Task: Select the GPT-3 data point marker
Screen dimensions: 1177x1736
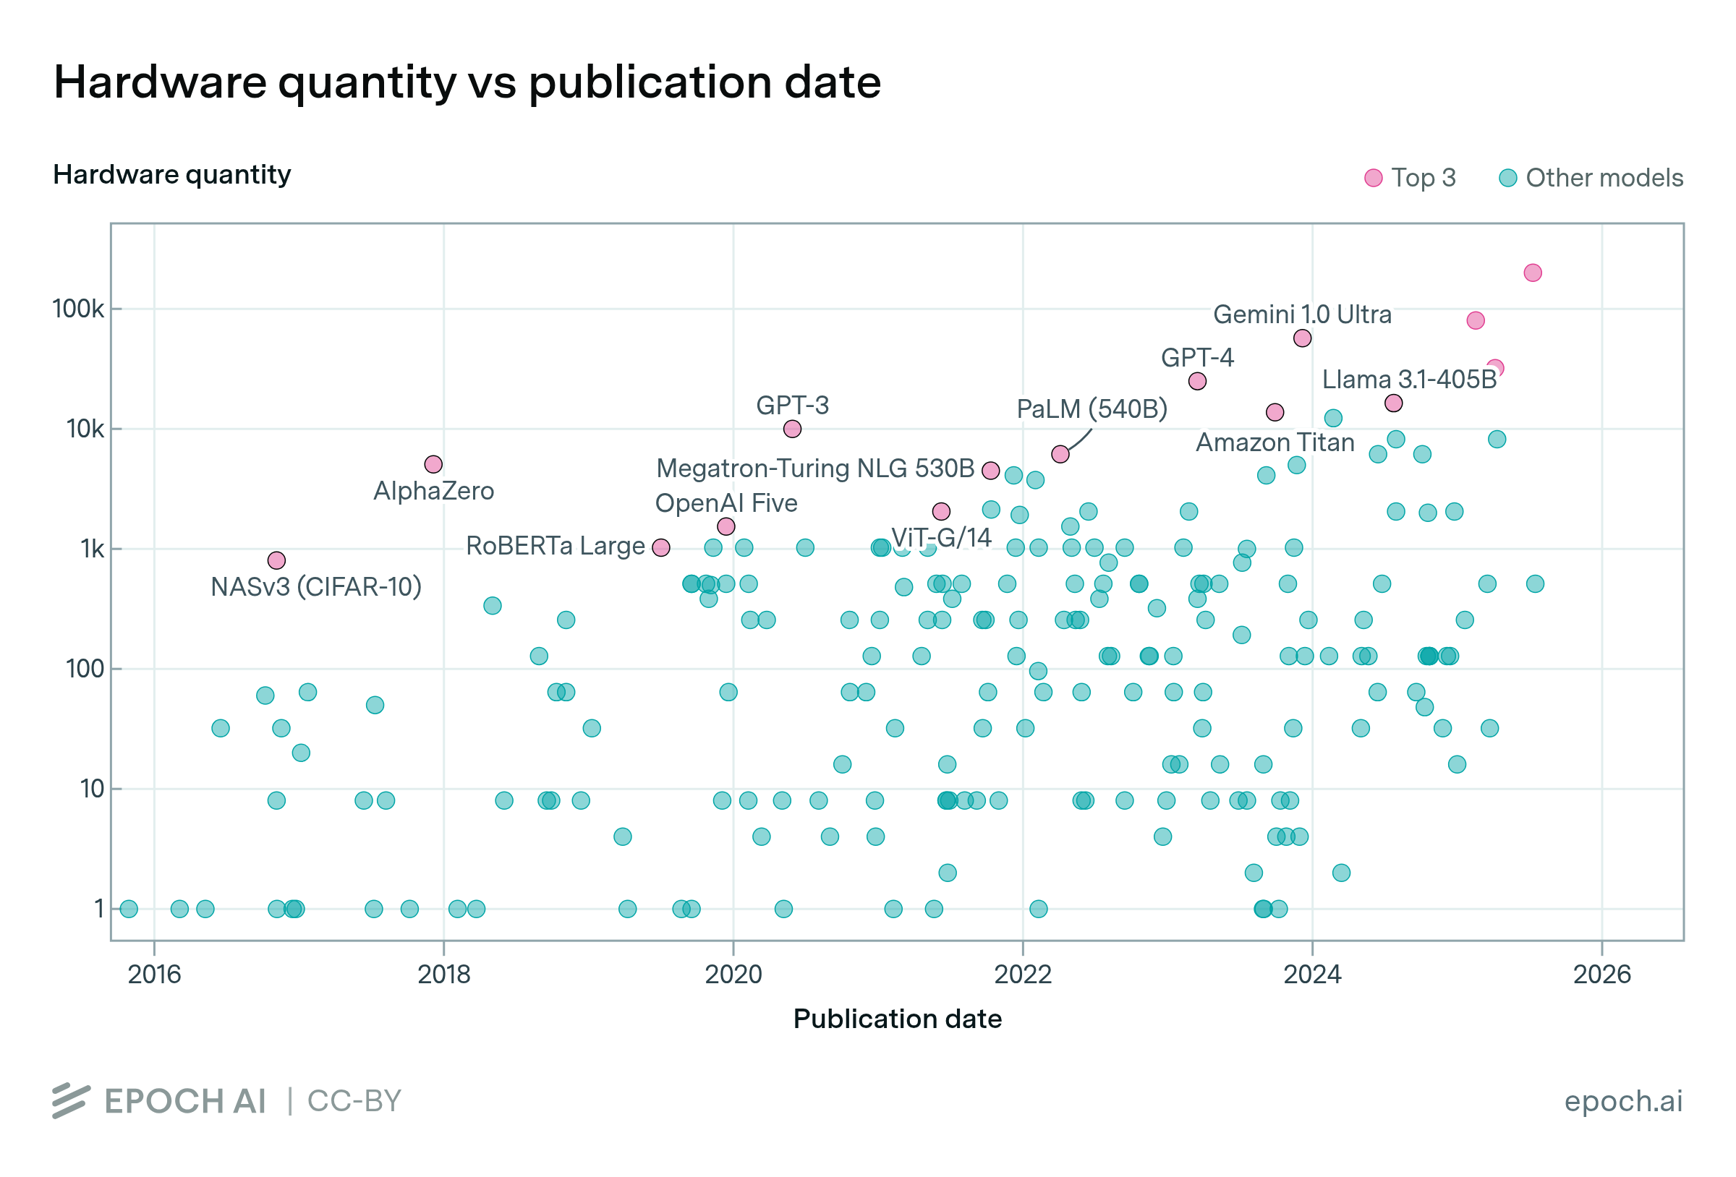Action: tap(793, 429)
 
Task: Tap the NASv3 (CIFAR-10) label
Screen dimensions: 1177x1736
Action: tap(316, 587)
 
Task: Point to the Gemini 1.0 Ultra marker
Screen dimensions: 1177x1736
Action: tap(1302, 338)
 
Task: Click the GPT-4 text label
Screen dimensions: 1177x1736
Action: tap(1196, 358)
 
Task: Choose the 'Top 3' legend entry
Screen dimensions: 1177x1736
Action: tap(1410, 178)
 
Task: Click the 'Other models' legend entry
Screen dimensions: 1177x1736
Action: tap(1591, 178)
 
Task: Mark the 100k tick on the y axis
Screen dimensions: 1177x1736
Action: tap(77, 309)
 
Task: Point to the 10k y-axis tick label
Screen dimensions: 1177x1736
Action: tap(85, 429)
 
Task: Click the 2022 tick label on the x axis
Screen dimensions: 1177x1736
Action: tap(1023, 974)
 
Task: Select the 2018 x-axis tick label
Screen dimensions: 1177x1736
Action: tap(443, 974)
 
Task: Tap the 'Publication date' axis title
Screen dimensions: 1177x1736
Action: tap(897, 1019)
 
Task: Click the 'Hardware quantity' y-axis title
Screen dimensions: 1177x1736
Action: tap(172, 175)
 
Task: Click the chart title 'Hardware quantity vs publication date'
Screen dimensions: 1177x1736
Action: tap(467, 82)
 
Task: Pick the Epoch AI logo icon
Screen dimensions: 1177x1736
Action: tap(71, 1101)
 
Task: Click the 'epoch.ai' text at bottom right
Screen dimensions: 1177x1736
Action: tap(1623, 1101)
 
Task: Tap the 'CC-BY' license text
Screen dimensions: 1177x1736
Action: tap(355, 1101)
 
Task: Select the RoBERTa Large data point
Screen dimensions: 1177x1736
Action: tap(661, 547)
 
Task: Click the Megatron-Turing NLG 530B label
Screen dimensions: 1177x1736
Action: tap(815, 468)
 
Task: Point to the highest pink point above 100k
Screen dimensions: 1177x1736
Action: tap(1533, 273)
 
